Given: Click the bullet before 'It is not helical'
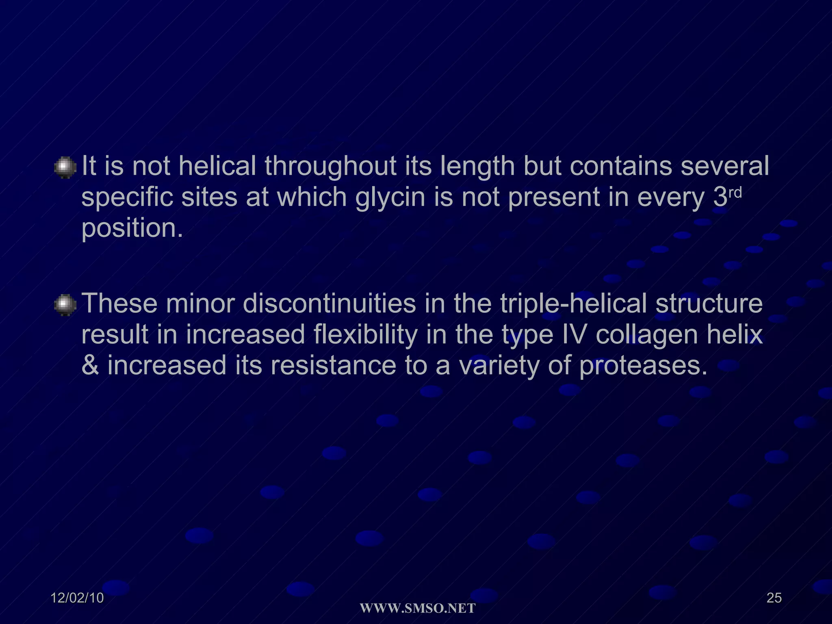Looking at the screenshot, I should (x=65, y=167).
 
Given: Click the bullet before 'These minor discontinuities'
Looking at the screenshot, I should (x=65, y=305).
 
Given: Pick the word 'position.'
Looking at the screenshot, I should (x=132, y=228).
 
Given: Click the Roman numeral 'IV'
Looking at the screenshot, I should (x=574, y=334).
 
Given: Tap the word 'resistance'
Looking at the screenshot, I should (x=333, y=365).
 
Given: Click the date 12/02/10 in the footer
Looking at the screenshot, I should (x=77, y=598).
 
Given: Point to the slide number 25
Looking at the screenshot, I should (x=774, y=598).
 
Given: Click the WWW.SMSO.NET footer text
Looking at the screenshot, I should (x=418, y=608).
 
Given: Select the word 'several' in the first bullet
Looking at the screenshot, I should (x=725, y=166).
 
